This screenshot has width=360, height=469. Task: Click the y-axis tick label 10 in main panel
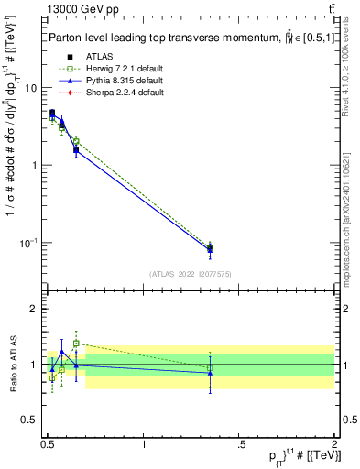click(x=30, y=88)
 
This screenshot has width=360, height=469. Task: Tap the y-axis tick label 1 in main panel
click(x=33, y=165)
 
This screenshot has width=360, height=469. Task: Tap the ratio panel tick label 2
click(x=33, y=310)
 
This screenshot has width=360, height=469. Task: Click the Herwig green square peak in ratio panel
click(x=76, y=344)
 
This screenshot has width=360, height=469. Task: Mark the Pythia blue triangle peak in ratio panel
click(x=62, y=352)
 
